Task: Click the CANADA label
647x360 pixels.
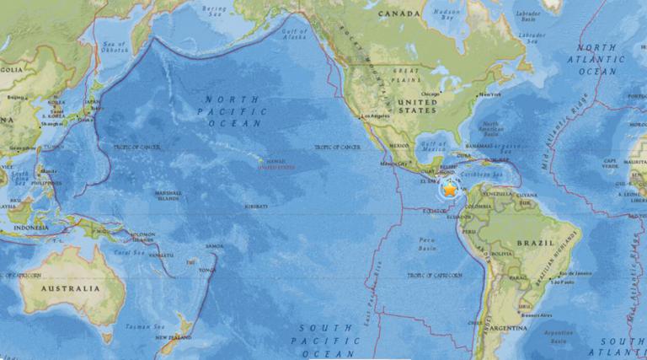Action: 398,14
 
